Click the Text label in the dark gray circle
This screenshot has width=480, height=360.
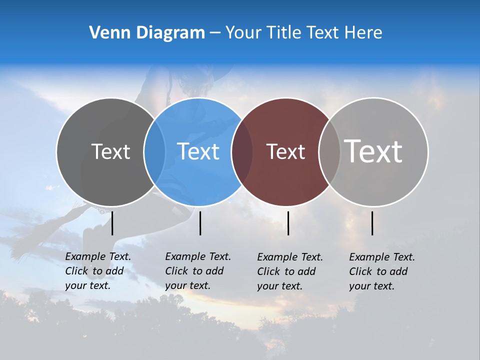coord(110,151)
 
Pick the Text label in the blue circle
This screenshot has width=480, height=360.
coord(198,151)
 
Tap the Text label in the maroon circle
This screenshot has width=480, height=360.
coord(285,151)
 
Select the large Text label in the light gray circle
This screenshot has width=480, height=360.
coord(373,151)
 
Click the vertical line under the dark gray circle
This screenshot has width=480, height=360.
coord(112,223)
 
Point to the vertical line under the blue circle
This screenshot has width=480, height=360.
coord(200,223)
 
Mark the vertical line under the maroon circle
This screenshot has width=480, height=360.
coord(288,223)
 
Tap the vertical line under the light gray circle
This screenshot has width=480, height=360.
coord(372,223)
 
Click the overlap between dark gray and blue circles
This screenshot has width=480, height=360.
coord(154,151)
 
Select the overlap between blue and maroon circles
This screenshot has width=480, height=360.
coord(242,151)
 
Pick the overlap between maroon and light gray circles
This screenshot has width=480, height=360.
coord(329,151)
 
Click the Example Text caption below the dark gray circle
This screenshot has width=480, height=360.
coord(98,271)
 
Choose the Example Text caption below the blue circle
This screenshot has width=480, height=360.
coord(198,271)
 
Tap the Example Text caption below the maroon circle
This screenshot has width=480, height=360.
coord(290,271)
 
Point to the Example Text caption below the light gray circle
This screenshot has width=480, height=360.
coord(382,271)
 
